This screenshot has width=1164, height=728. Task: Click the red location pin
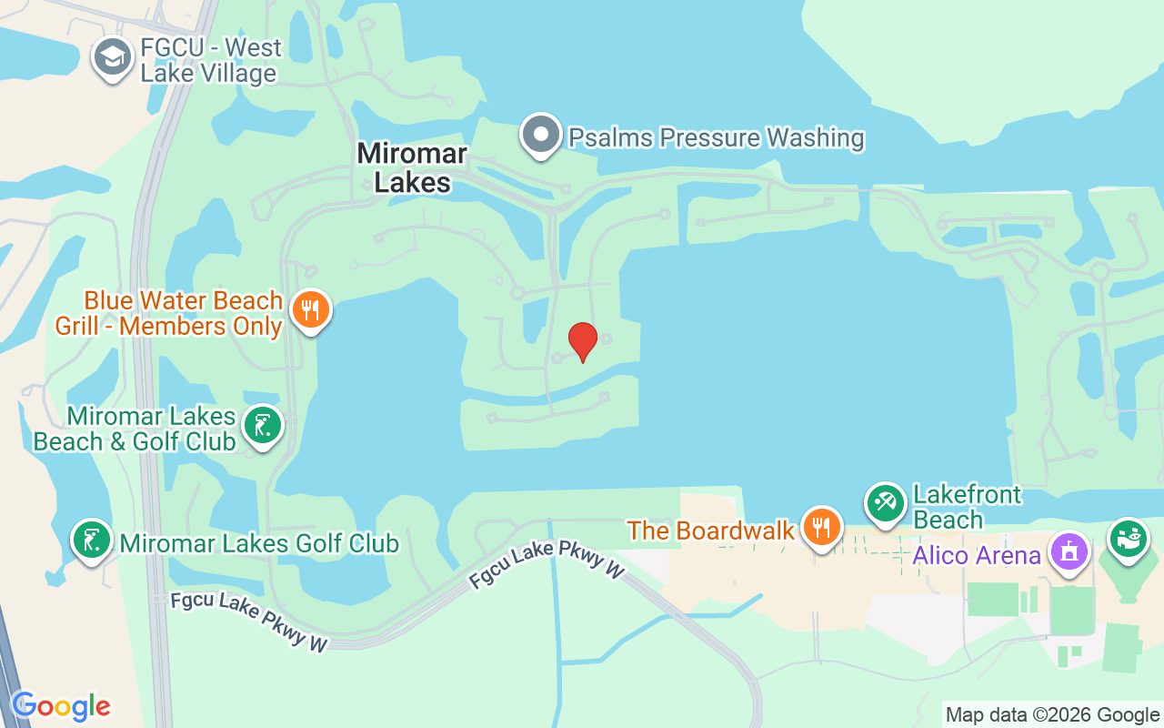tap(582, 341)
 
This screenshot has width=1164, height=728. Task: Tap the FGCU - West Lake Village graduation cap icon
tap(113, 58)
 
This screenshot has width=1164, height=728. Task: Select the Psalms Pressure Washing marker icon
tap(542, 136)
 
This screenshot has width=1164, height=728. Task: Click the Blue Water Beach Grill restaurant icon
tap(311, 310)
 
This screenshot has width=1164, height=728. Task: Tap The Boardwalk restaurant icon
tap(821, 527)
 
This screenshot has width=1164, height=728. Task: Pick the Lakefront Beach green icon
tap(885, 504)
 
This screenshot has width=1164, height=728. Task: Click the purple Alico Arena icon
tap(1069, 551)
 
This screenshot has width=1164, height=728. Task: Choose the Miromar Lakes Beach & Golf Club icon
tap(263, 426)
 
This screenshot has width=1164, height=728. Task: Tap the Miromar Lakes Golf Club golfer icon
tap(92, 540)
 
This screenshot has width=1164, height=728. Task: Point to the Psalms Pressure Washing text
tap(716, 138)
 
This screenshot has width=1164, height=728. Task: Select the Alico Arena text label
tap(977, 555)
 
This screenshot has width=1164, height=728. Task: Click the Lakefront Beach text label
tap(968, 508)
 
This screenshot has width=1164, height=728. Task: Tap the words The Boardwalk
tap(711, 531)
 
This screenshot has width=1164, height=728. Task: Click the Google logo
tap(61, 706)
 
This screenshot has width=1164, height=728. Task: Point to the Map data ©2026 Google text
tap(1052, 715)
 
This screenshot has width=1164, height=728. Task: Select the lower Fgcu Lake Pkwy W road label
tap(248, 623)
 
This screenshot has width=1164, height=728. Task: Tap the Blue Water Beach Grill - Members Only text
tap(169, 313)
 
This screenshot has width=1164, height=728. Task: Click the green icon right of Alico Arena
tap(1129, 538)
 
